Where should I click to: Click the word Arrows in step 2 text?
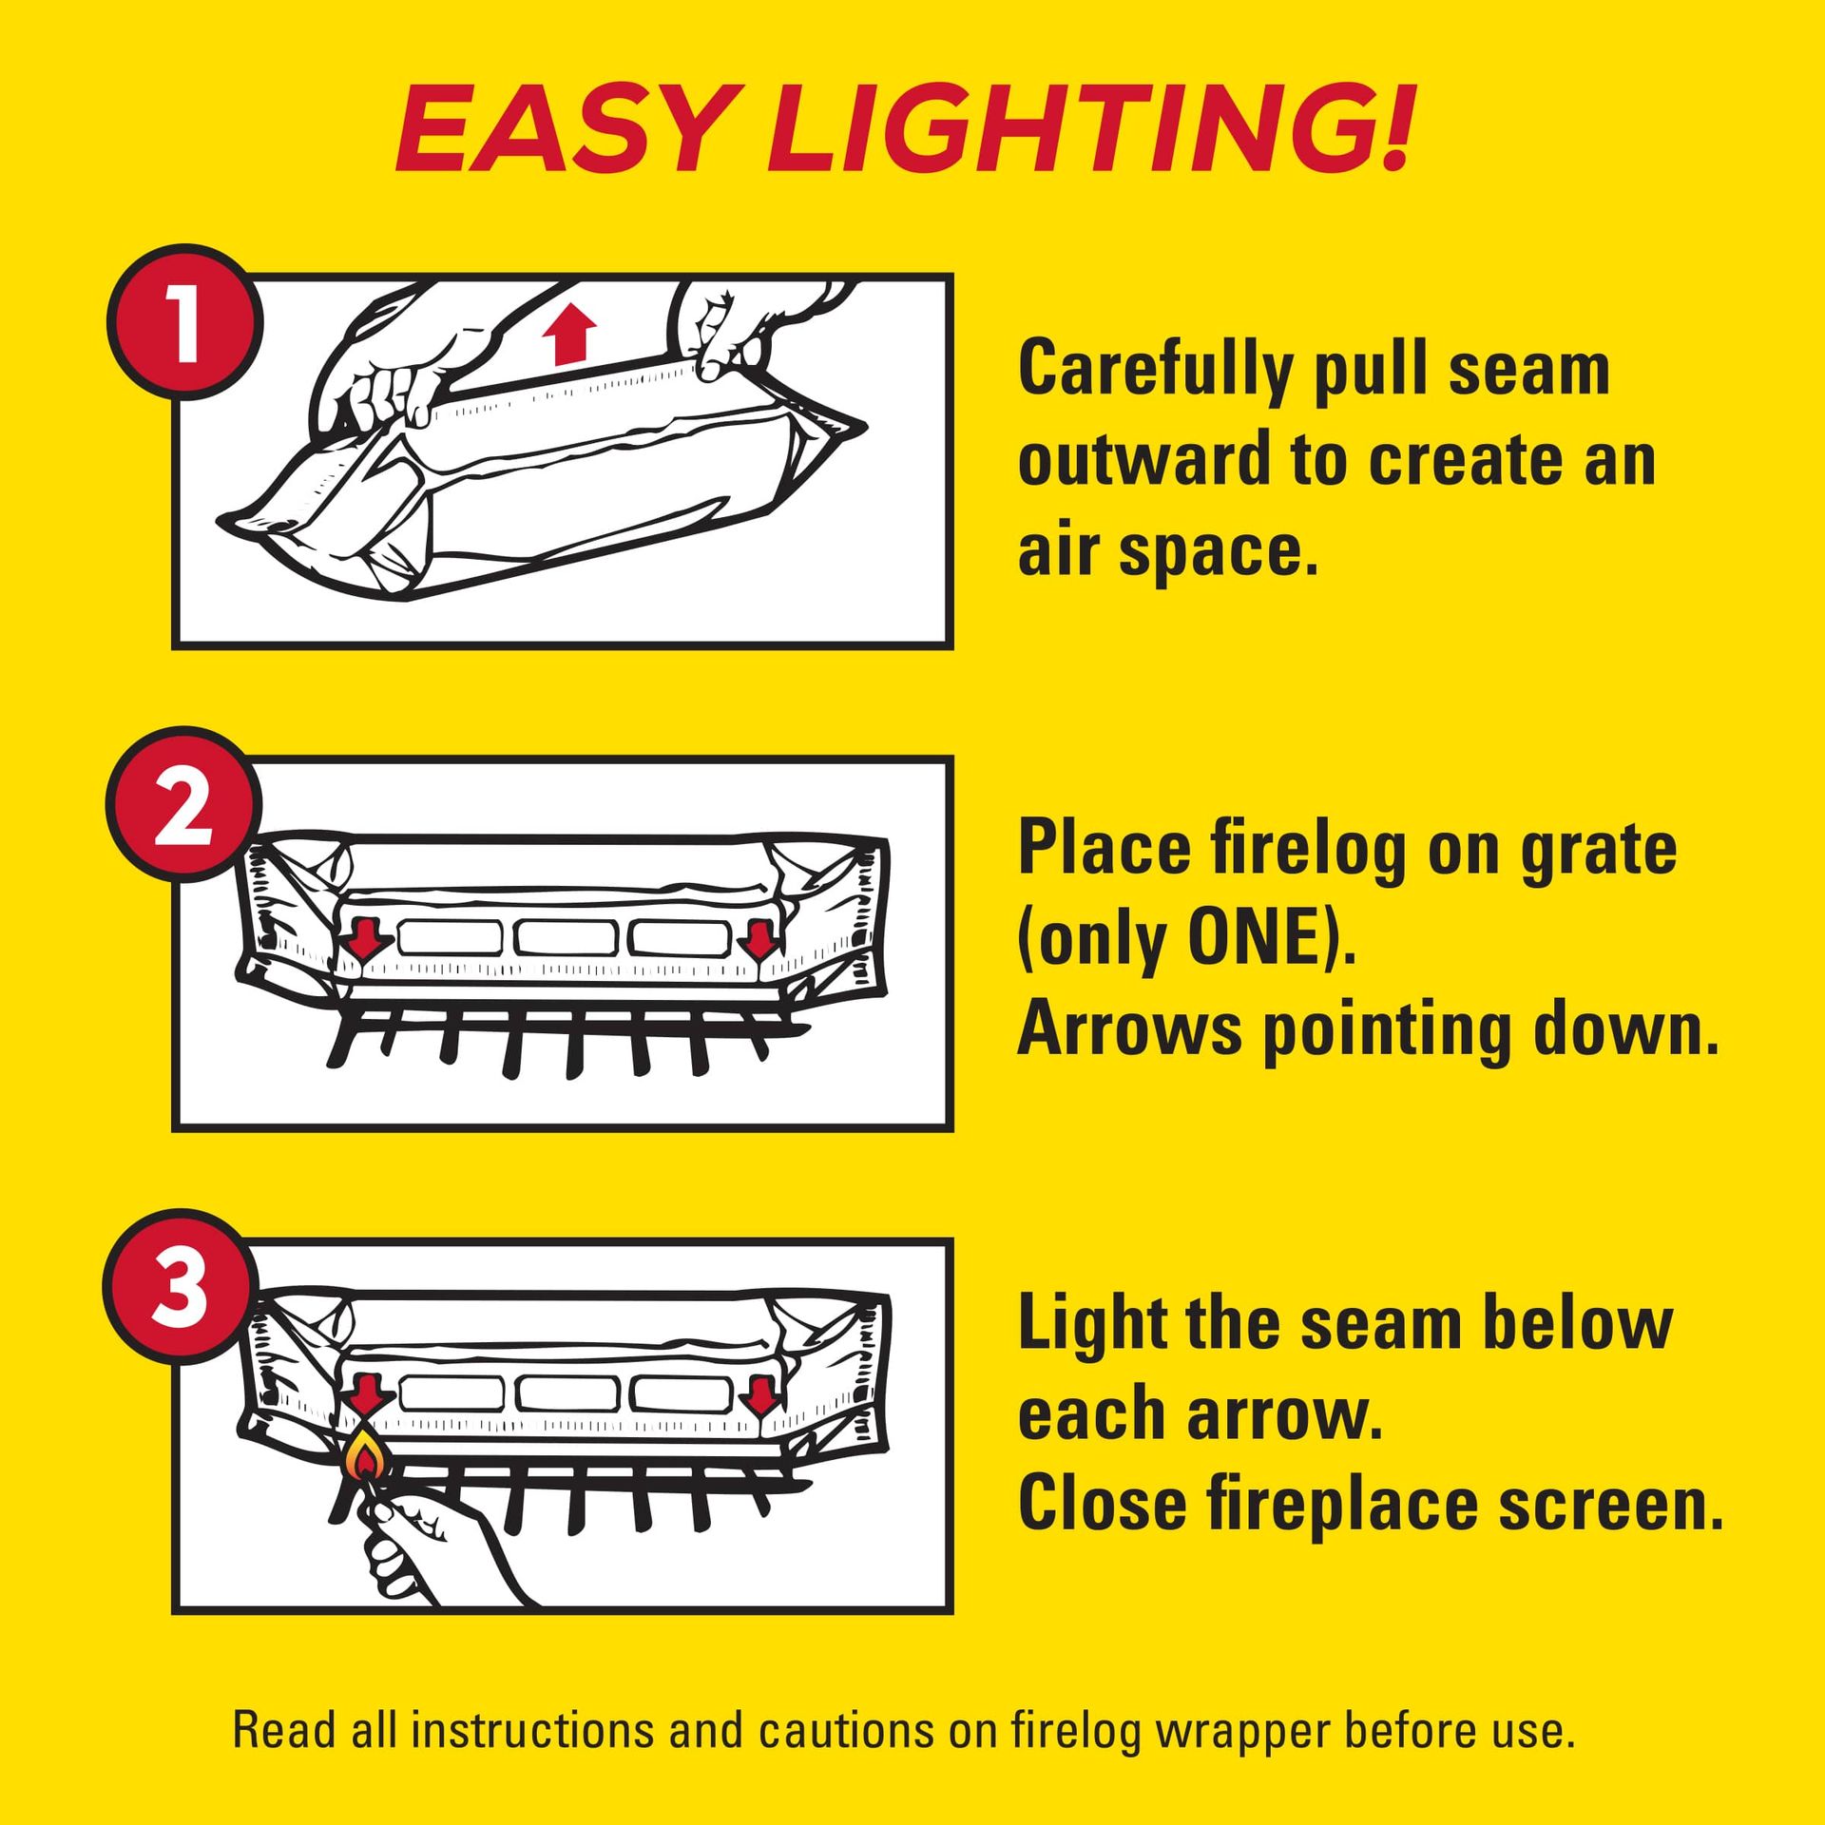tap(1129, 1030)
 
